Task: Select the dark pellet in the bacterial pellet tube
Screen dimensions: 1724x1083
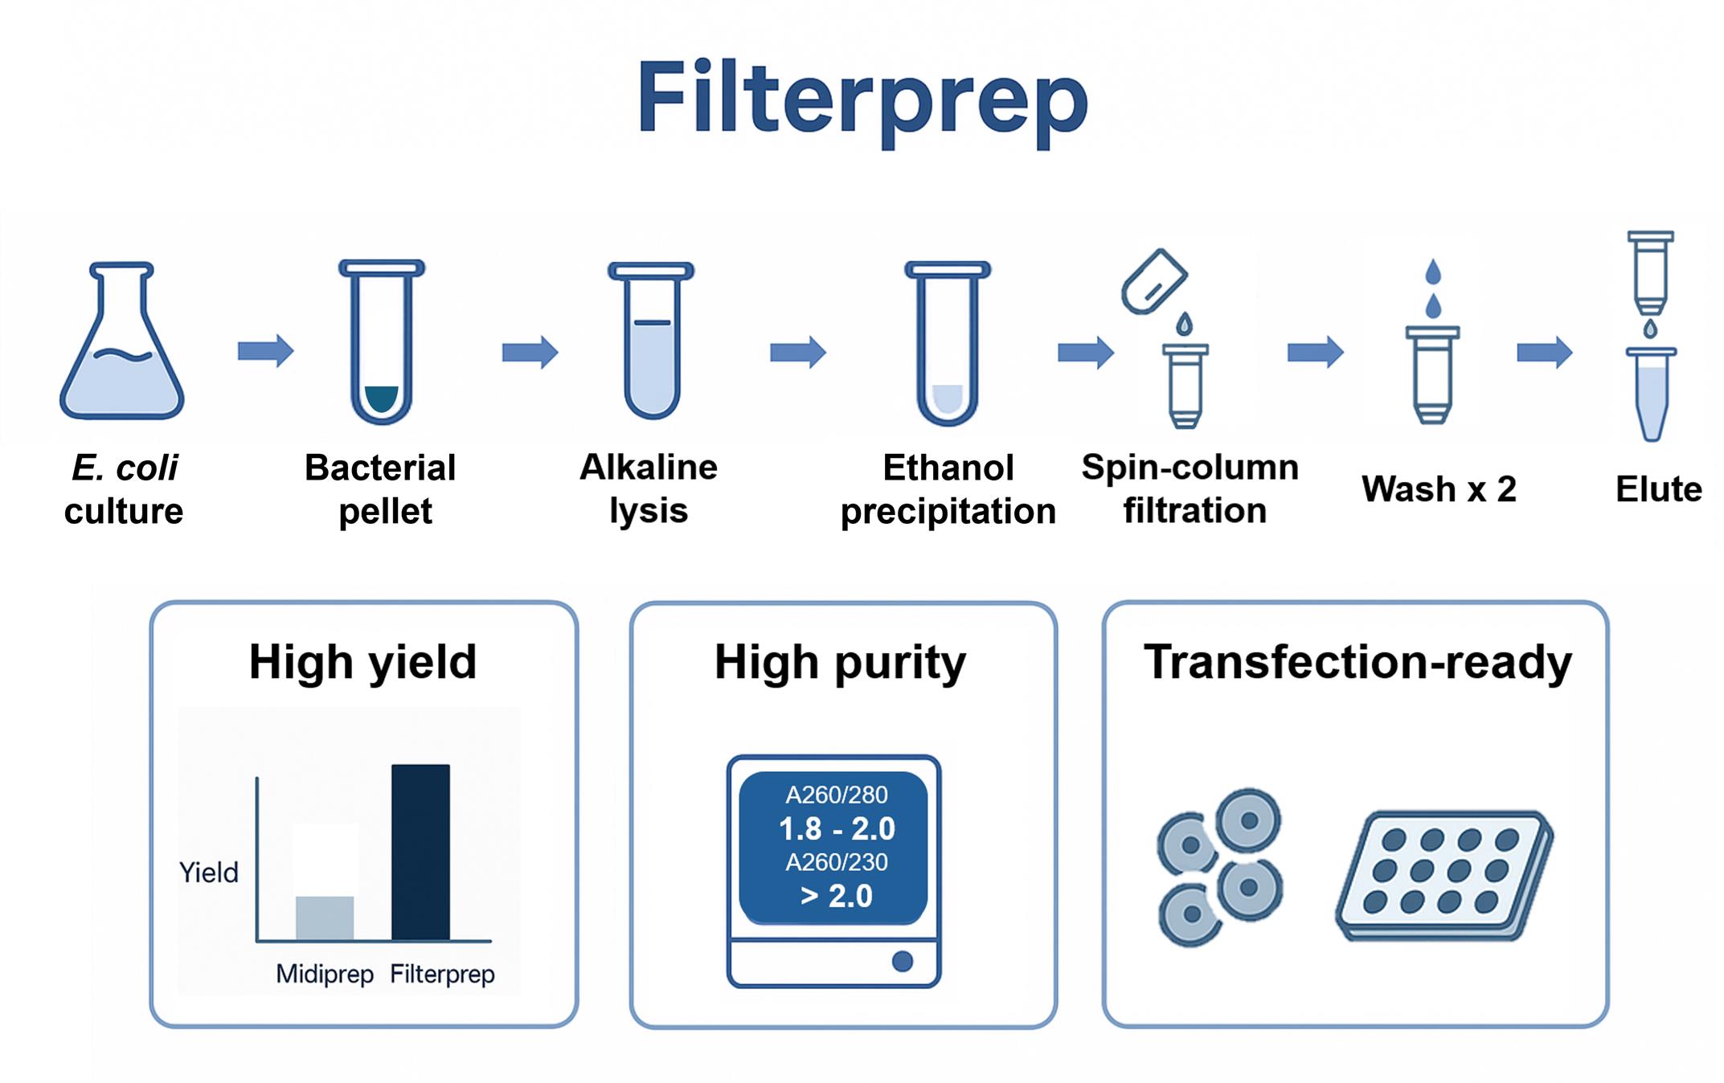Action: [x=382, y=399]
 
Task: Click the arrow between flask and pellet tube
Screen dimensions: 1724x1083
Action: [x=266, y=351]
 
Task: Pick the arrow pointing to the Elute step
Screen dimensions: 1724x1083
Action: [x=1545, y=352]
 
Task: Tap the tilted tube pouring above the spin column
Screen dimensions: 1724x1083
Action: [x=1154, y=281]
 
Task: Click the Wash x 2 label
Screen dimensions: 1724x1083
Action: [x=1439, y=489]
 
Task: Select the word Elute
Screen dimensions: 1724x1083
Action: [x=1659, y=489]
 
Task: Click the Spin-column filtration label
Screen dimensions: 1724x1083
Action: [x=1191, y=488]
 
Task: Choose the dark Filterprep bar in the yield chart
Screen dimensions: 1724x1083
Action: [x=420, y=852]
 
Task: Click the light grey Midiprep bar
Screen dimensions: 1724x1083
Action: [x=325, y=917]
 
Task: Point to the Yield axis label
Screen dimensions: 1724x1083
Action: [x=209, y=873]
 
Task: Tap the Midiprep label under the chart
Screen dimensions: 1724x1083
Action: [x=325, y=975]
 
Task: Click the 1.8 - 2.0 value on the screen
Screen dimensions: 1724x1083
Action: [x=837, y=829]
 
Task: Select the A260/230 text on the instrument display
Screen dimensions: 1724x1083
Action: [x=837, y=862]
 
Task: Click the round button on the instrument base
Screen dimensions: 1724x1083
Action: [x=903, y=961]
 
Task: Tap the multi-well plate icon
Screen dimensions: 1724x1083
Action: [x=1444, y=876]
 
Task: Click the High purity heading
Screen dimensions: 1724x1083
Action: [x=841, y=664]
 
